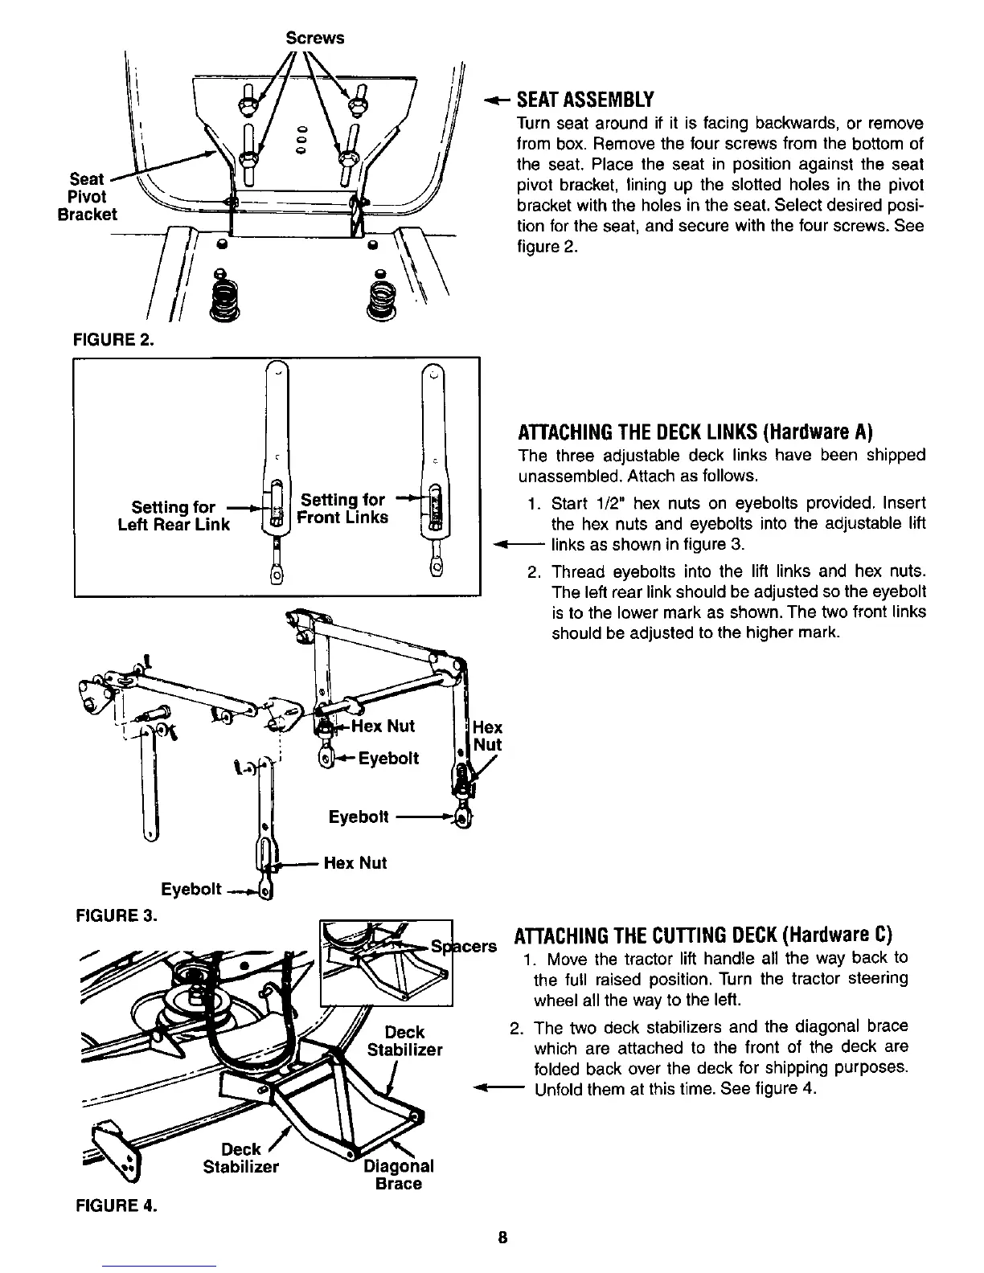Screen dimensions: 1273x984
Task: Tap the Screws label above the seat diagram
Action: [315, 38]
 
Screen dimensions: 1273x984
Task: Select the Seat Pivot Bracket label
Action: [87, 197]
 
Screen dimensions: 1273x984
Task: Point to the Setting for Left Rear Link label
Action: [181, 516]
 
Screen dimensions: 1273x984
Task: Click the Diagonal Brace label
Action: [399, 1174]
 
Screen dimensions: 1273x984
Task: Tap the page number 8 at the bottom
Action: [502, 1237]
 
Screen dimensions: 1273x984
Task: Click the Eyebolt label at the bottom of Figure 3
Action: [191, 889]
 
